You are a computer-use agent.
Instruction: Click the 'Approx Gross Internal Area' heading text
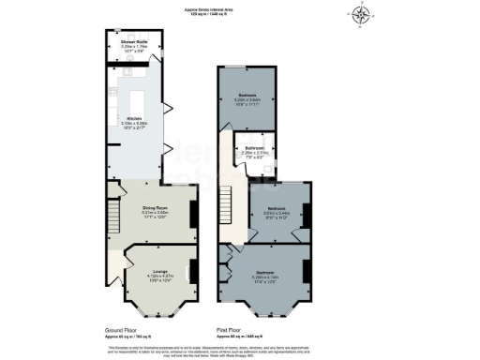[x=239, y=9]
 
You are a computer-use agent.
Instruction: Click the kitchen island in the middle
[x=133, y=97]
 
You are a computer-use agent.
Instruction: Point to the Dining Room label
[x=155, y=210]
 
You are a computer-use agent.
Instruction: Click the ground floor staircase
[x=111, y=221]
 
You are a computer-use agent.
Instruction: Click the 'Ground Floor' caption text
[x=123, y=331]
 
